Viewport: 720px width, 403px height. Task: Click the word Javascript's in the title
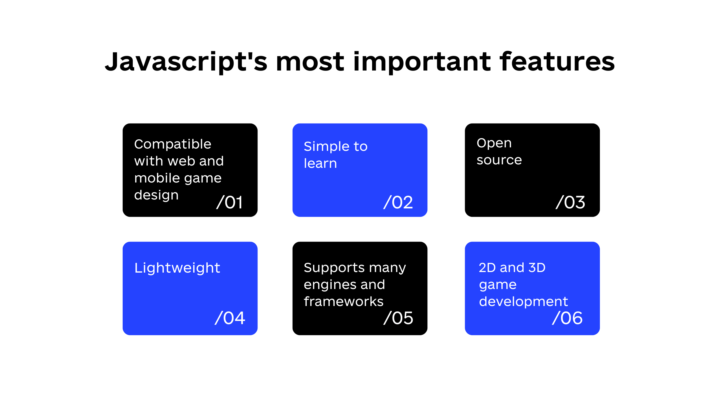tap(186, 62)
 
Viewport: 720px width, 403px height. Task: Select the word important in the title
tap(422, 62)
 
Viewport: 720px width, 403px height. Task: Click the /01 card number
tap(230, 202)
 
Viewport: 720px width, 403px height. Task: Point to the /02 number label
tap(398, 202)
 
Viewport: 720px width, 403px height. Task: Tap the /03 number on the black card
tap(570, 202)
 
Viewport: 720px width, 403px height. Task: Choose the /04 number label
tap(230, 318)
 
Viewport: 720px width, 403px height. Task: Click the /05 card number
tap(398, 318)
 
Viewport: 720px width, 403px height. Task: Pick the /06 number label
tap(567, 318)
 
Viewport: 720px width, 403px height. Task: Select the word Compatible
tap(173, 144)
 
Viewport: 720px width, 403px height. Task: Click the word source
tap(499, 160)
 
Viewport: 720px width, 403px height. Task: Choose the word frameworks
tap(344, 301)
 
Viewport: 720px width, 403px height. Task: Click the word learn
tap(320, 163)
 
